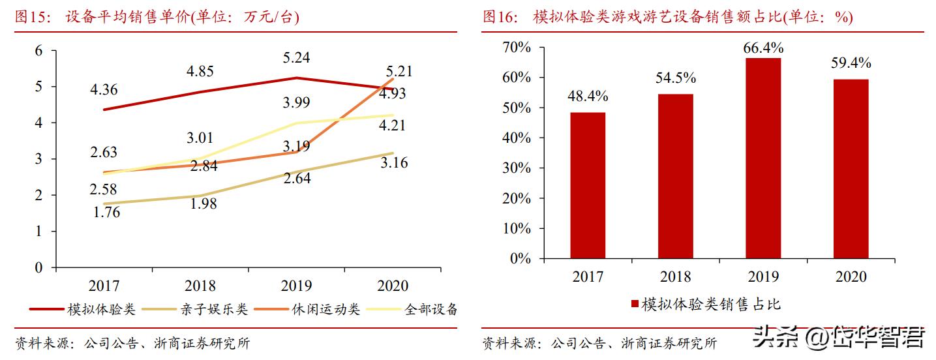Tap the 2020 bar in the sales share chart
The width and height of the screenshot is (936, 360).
pyautogui.click(x=851, y=169)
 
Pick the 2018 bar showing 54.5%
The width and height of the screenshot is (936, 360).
pyautogui.click(x=675, y=176)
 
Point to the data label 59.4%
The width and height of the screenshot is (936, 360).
pyautogui.click(x=851, y=63)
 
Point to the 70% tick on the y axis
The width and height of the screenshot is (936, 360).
pyautogui.click(x=517, y=48)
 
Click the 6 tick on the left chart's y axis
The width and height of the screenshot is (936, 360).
pyautogui.click(x=38, y=51)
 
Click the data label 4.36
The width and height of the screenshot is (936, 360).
pyautogui.click(x=104, y=89)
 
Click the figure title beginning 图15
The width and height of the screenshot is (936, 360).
pyautogui.click(x=157, y=18)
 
